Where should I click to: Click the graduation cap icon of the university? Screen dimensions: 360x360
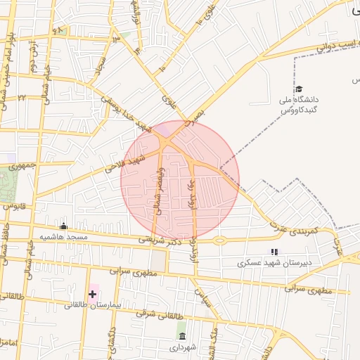(x=299, y=89)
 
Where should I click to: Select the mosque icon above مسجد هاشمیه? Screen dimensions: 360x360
(x=64, y=226)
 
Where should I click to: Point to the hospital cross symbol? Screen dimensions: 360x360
(x=92, y=293)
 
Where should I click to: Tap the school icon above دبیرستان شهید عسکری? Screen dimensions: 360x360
(x=274, y=252)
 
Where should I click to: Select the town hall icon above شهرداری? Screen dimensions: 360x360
(x=182, y=336)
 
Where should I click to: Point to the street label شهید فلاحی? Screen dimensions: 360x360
(x=124, y=160)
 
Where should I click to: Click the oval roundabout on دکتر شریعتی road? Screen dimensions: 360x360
(x=219, y=240)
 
